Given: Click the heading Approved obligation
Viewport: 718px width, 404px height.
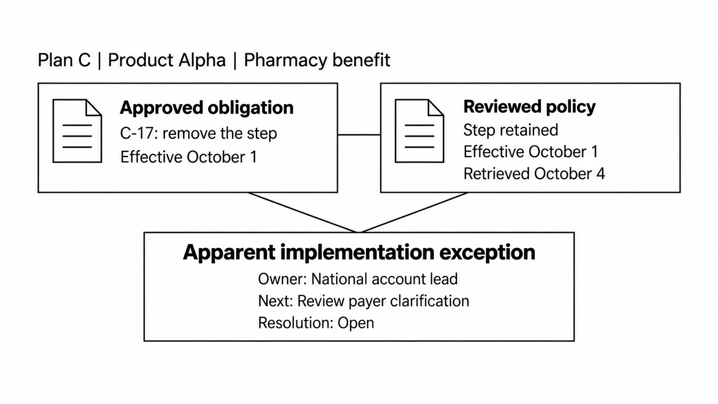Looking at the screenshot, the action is [207, 108].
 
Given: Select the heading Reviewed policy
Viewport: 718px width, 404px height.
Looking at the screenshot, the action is [529, 106].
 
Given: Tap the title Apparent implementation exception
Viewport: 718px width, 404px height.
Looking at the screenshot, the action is [359, 252].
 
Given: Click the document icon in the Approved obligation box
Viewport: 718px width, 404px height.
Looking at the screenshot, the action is [77, 131].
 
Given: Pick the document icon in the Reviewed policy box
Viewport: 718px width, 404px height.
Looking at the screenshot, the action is [419, 131].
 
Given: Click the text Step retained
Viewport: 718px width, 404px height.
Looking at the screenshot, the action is [511, 130].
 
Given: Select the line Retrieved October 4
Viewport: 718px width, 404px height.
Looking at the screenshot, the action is [534, 174].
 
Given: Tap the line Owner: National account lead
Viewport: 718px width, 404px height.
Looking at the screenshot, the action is [358, 279].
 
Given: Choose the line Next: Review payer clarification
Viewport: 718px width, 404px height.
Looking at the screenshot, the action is [363, 301].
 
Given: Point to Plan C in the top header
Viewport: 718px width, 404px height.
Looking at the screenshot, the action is [64, 60].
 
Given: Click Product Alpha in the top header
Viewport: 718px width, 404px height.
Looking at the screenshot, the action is [167, 60].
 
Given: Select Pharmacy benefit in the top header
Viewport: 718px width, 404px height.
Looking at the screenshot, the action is [317, 61].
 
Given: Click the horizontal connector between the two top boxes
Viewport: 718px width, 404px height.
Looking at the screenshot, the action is [359, 135].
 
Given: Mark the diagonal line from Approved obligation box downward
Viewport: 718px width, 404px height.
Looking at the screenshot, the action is [303, 213].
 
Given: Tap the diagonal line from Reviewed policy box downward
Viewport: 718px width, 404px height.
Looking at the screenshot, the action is [414, 213].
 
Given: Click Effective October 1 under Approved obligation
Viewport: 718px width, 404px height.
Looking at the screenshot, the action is [189, 157].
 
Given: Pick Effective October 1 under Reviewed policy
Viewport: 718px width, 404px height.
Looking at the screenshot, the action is [530, 152].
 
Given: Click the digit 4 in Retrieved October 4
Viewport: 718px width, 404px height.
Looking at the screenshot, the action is [600, 174].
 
